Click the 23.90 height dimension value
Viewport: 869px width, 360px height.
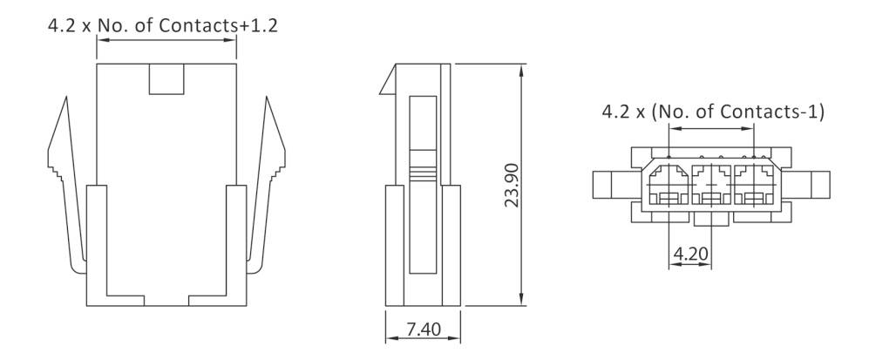[x=512, y=185]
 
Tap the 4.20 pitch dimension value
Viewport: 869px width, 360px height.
[x=689, y=255]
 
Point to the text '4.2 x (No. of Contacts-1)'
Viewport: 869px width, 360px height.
[x=711, y=112]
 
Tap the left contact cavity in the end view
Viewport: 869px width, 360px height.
[x=668, y=184]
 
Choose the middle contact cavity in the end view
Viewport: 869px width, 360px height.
[x=711, y=184]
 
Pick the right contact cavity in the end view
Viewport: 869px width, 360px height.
[x=754, y=184]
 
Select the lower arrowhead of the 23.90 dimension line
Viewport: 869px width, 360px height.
[x=522, y=302]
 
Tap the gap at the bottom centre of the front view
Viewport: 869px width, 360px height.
[x=166, y=301]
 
